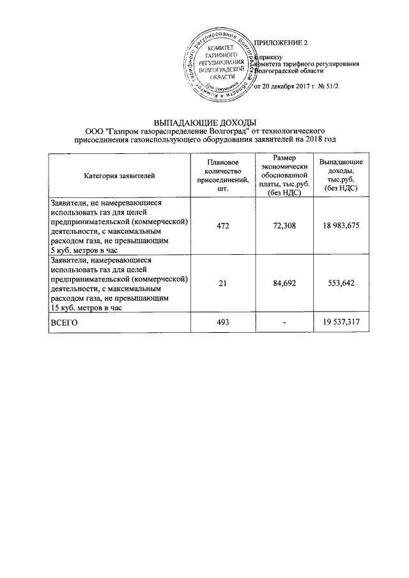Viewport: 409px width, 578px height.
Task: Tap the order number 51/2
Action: coord(329,87)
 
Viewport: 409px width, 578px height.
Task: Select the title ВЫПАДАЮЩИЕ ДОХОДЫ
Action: coord(204,122)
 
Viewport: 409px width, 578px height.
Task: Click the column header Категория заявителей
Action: coord(119,175)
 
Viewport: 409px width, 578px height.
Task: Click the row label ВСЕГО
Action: coord(64,324)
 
